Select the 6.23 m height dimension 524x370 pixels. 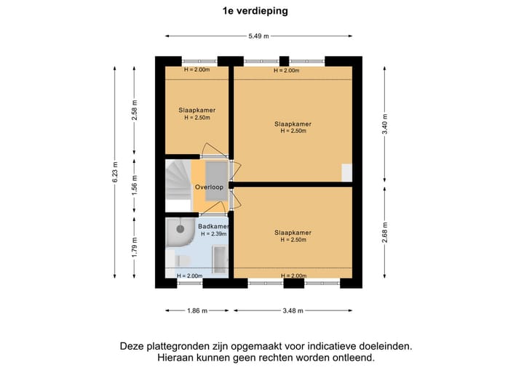(114, 172)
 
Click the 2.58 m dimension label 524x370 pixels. (134, 108)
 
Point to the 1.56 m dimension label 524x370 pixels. (134, 184)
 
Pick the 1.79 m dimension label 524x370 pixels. (134, 246)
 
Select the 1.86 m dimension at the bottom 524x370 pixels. (195, 310)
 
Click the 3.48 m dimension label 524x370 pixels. (293, 310)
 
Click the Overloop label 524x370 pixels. (208, 187)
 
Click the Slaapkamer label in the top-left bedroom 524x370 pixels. (196, 110)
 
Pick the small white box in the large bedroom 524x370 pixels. (346, 173)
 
